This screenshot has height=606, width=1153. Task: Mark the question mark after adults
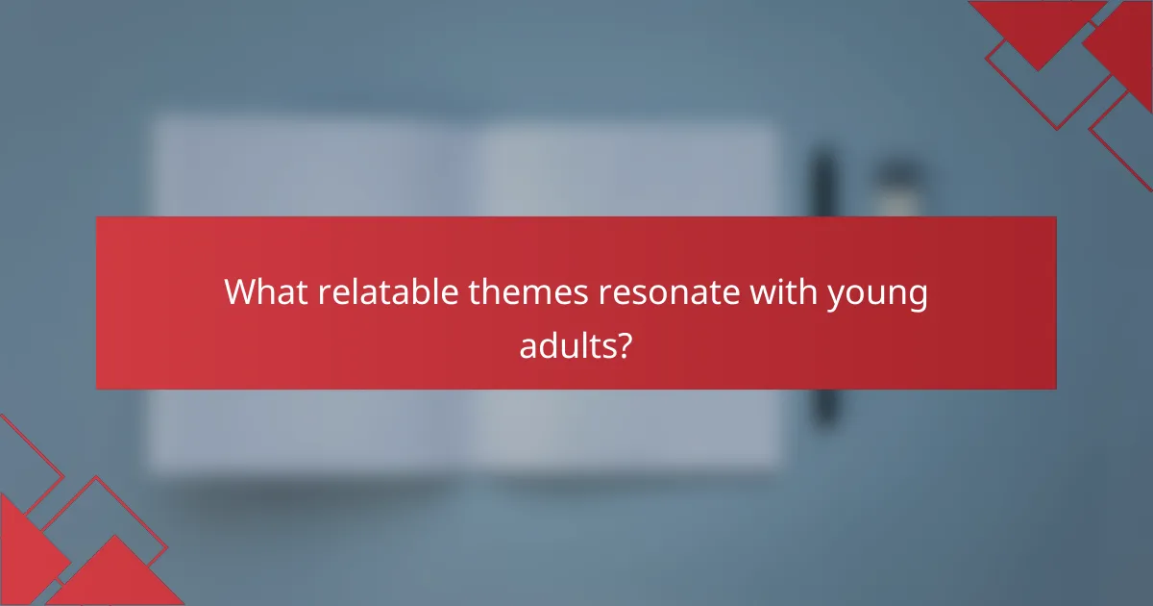624,343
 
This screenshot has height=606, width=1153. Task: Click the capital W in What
239,292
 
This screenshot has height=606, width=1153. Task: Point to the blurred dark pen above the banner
823,183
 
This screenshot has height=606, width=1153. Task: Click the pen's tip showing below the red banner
823,409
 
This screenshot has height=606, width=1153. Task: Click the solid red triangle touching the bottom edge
115,577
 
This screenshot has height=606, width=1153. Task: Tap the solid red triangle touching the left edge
24,548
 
